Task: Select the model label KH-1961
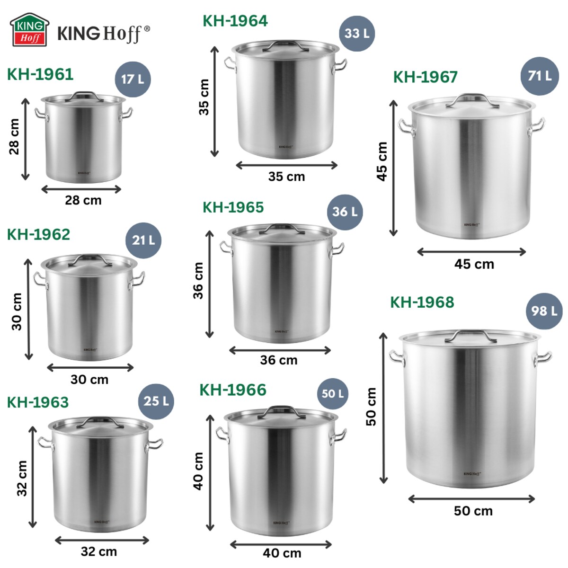pos(40,74)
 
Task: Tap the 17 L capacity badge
pos(133,79)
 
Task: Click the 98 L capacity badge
pos(544,311)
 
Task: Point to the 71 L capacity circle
pos(540,76)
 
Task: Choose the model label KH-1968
pos(422,302)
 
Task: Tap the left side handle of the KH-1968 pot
pos(397,358)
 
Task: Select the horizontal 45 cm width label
pos(474,264)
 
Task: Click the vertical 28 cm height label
pos(14,137)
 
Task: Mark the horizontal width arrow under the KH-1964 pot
pos(286,165)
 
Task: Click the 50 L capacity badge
pos(332,393)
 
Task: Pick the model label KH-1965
pos(233,207)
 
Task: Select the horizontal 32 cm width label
pos(98,551)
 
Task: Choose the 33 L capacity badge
pos(357,33)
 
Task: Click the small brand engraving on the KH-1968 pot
pos(472,473)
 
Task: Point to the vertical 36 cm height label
pos(198,281)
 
